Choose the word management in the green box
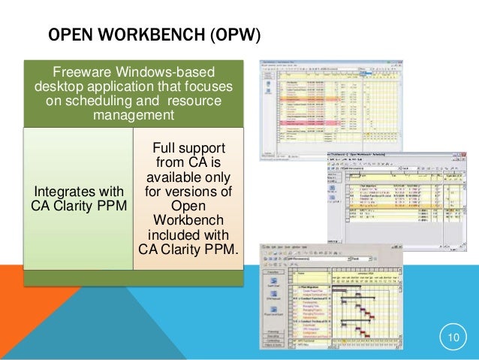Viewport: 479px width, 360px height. coord(134,116)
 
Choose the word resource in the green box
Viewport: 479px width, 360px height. coord(198,101)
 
